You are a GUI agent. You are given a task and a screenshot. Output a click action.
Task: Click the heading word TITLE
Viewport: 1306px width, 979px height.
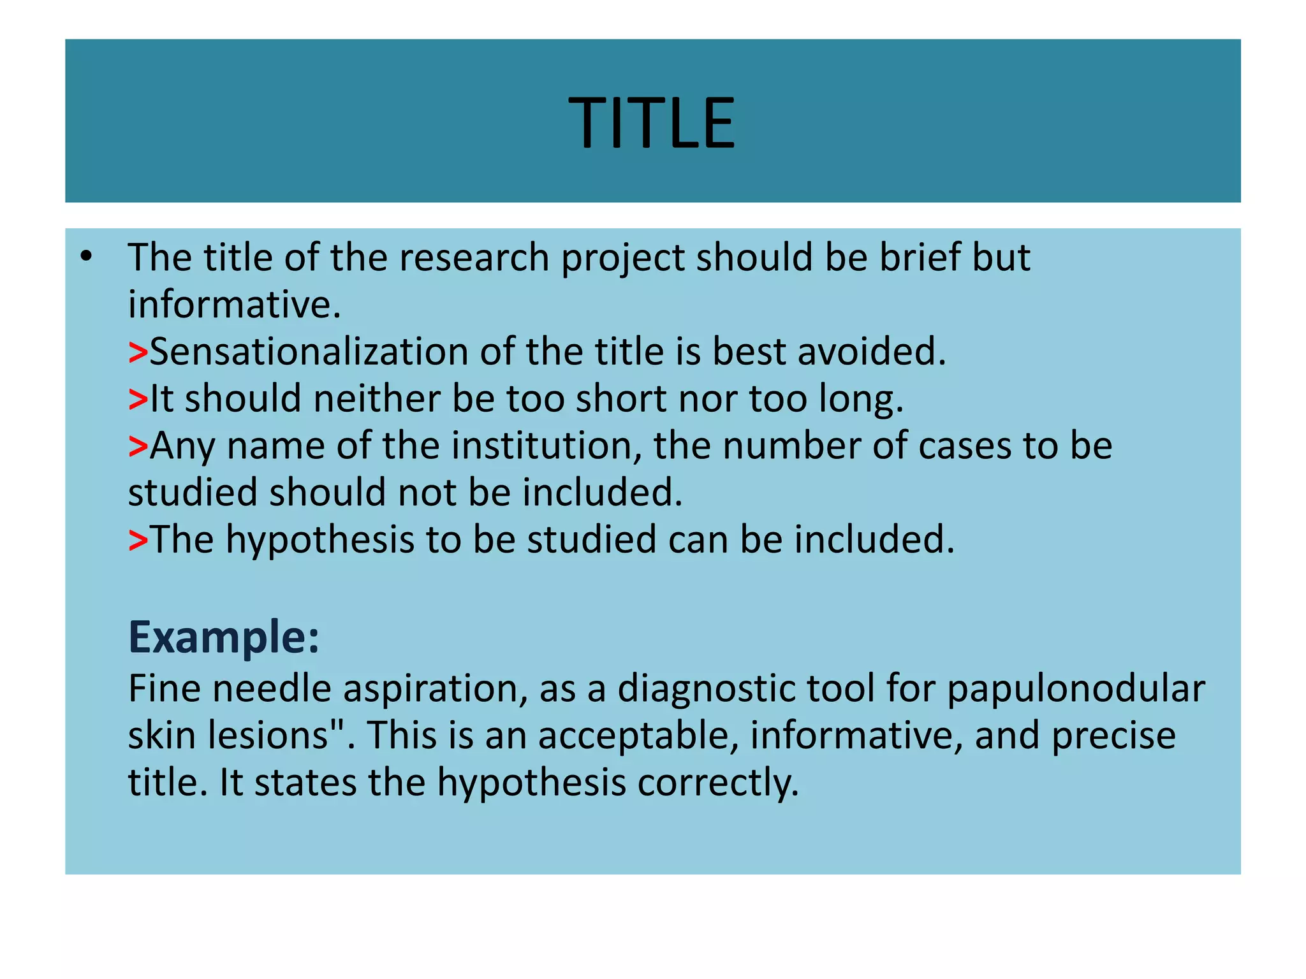pyautogui.click(x=652, y=123)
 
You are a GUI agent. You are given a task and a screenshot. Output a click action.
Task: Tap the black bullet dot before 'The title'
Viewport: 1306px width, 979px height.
pyautogui.click(x=87, y=257)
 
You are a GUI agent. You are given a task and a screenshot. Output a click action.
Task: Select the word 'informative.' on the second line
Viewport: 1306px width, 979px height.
pyautogui.click(x=235, y=305)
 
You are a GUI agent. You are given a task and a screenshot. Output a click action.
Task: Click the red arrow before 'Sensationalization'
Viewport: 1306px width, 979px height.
pyautogui.click(x=138, y=352)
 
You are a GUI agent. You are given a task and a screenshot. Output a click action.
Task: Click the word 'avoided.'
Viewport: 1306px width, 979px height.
pyautogui.click(x=872, y=352)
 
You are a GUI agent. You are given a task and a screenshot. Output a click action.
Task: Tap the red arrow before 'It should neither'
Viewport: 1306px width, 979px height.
pyautogui.click(x=138, y=400)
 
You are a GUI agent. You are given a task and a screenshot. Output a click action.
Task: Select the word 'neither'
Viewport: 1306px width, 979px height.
pyautogui.click(x=377, y=399)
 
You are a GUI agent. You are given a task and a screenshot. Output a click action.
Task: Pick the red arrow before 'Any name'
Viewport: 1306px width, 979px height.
pyautogui.click(x=138, y=446)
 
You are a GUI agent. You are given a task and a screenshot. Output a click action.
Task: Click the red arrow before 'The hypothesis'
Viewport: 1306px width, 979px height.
pyautogui.click(x=138, y=540)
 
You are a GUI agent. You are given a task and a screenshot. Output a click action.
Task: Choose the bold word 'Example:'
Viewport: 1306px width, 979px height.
pyautogui.click(x=224, y=637)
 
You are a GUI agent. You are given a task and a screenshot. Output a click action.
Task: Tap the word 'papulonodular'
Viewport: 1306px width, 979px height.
pyautogui.click(x=1076, y=689)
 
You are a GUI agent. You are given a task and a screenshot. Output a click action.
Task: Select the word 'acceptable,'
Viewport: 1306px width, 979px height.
pyautogui.click(x=638, y=736)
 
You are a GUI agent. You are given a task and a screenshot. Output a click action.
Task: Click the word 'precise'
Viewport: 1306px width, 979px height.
pyautogui.click(x=1113, y=736)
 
